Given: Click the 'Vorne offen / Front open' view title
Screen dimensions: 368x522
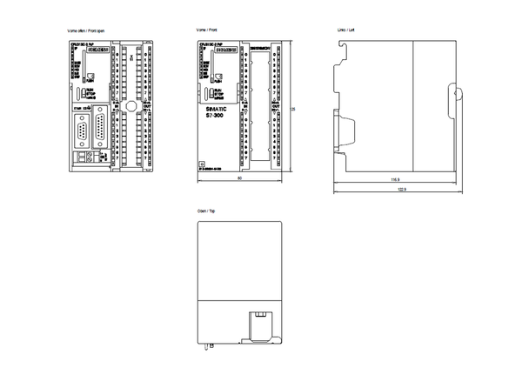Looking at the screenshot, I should [89, 30].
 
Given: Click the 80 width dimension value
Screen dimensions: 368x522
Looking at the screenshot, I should [239, 180].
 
